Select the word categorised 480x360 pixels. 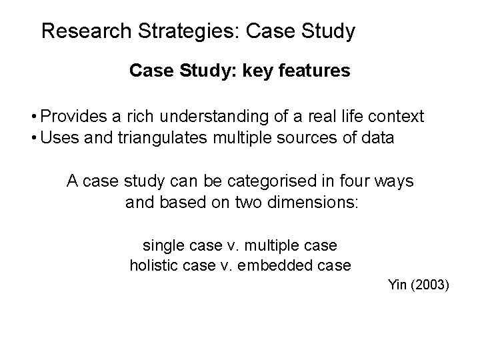point(257,181)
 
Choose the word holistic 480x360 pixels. point(153,265)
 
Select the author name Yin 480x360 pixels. point(397,285)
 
